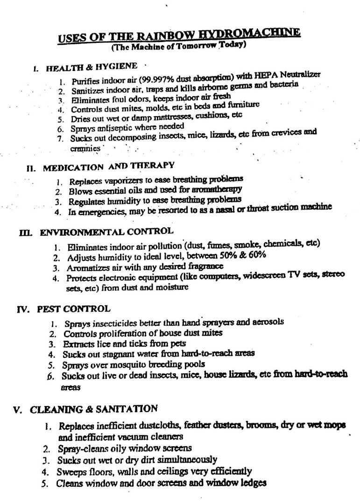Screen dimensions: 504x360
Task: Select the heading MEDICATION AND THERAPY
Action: tap(108, 166)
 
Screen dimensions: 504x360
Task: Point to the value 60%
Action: tap(257, 254)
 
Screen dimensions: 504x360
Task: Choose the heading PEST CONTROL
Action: tap(74, 308)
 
